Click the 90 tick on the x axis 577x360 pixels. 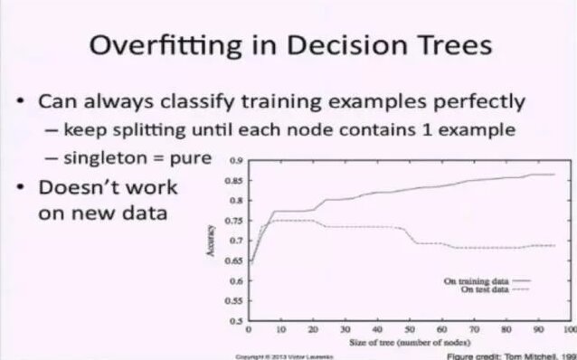pos(538,330)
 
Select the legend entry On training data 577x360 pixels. pos(477,282)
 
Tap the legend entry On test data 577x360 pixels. pos(483,289)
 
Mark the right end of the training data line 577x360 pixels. pos(553,175)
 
